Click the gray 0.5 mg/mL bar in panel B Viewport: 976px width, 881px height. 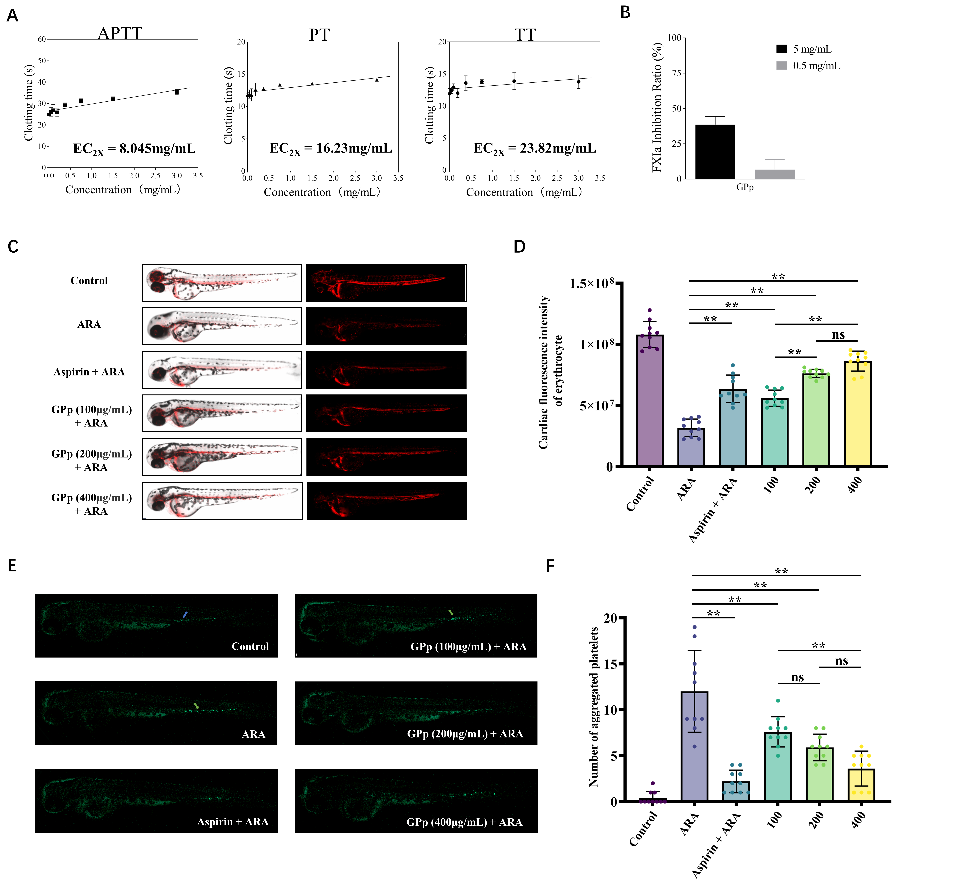point(775,174)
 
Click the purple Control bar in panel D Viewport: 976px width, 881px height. point(649,401)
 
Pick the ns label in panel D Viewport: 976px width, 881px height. point(838,335)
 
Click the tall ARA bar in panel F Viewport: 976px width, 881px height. point(694,747)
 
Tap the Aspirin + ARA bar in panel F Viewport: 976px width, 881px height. point(736,791)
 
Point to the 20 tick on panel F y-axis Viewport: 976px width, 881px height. point(610,618)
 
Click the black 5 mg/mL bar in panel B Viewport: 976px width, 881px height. point(715,152)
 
